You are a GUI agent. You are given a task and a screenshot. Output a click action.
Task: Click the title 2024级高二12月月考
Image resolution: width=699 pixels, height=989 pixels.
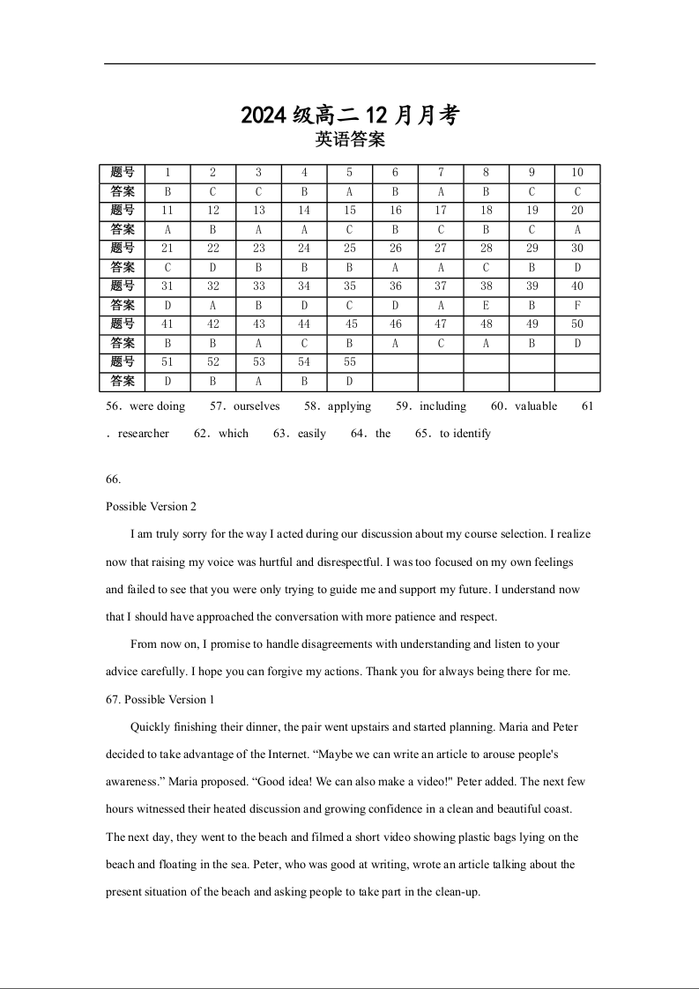coord(350,115)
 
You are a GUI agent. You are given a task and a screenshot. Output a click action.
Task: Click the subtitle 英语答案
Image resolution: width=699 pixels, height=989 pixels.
coord(350,139)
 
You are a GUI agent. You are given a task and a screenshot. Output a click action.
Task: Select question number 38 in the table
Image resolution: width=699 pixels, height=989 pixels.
coord(487,286)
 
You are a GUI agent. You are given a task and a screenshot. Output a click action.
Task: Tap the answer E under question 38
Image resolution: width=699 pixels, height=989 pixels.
coord(487,305)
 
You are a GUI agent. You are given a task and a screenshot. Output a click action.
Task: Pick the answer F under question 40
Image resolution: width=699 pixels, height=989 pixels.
coord(577,305)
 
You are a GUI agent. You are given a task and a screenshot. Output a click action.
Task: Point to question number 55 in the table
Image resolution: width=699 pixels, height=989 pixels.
coord(350,361)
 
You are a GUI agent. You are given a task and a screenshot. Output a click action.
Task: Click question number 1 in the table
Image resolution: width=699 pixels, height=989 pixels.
coord(167,173)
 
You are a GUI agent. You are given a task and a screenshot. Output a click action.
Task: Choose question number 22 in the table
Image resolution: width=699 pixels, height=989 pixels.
coord(213,249)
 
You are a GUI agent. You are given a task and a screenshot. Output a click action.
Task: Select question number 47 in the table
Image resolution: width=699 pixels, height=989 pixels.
coord(441,324)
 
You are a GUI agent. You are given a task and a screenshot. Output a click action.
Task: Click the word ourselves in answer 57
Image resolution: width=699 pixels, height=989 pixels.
coord(257,406)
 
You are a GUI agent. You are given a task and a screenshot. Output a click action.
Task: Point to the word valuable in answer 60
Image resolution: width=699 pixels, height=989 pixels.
coord(536,406)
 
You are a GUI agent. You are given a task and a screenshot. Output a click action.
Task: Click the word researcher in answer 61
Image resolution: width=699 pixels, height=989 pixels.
coord(143,434)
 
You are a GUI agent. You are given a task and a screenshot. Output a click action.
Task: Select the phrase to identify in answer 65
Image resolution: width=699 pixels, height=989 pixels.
coord(465,434)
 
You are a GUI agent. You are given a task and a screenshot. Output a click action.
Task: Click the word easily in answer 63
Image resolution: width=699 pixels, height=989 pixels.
coord(312,434)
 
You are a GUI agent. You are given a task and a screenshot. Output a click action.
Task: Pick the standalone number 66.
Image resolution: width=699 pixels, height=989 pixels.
coord(113,480)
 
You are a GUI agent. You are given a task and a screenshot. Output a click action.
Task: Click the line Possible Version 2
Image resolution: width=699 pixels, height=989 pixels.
coord(151,507)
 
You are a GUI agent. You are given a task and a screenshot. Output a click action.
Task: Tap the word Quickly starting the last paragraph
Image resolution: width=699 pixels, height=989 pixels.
coord(151,727)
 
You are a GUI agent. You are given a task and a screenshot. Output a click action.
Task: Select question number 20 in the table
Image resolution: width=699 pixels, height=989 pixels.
coord(577,211)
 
